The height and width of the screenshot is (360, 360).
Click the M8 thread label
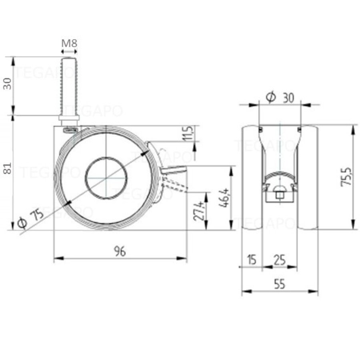pos(69,43)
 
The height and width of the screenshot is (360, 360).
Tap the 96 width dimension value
pos(120,251)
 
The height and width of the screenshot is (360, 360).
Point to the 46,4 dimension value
pos(224,198)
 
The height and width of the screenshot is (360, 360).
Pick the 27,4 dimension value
pos(199,211)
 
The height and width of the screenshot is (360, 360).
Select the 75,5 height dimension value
pos(346,176)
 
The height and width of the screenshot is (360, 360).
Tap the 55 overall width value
pos(280,284)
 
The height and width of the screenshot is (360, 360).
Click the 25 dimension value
pos(280,260)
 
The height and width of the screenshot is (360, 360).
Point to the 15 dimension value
pos(252,260)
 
